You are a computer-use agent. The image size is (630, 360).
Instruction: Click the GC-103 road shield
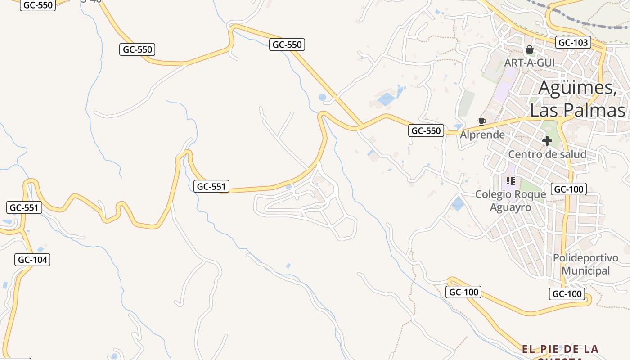572,43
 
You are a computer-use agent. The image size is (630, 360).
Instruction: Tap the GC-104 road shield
32,260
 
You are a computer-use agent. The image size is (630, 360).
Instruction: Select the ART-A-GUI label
529,63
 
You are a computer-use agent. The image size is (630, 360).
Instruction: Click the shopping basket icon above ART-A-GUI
530,49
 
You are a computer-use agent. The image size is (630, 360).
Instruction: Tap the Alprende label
482,135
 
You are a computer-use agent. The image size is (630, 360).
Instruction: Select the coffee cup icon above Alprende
482,121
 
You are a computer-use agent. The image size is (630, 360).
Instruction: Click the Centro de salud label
547,154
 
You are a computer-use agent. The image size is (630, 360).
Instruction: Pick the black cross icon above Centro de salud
547,141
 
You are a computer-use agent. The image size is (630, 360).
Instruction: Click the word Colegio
494,194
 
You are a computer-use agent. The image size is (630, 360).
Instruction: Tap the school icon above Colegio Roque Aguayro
510,181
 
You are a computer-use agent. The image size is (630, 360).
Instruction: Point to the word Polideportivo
585,258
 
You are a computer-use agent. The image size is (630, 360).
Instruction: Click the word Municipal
585,271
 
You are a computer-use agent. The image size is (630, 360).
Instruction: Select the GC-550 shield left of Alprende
426,131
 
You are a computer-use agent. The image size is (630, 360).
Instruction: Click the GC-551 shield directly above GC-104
24,207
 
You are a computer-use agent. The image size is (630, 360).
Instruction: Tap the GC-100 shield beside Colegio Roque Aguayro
569,189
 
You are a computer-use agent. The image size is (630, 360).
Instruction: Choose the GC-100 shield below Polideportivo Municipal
567,294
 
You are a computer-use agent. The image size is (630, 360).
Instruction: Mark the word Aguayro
510,207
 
